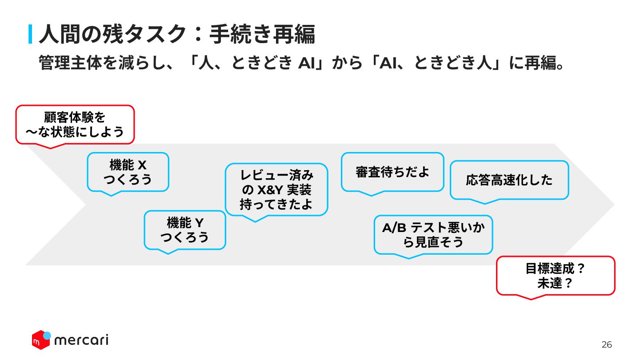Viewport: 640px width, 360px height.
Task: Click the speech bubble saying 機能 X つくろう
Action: [x=128, y=172]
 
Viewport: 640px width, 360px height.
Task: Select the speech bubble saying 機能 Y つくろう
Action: [x=185, y=230]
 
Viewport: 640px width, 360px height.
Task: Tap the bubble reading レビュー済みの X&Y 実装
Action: [x=276, y=189]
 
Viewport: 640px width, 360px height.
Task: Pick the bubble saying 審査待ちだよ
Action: [x=392, y=172]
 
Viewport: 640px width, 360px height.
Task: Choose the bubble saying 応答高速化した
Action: [x=509, y=180]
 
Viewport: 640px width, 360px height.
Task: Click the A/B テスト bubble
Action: [x=433, y=235]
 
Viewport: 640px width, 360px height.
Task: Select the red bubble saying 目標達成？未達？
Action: [x=556, y=276]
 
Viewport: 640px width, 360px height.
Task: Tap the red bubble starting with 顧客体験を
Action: [x=75, y=124]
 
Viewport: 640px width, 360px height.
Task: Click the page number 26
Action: [x=607, y=344]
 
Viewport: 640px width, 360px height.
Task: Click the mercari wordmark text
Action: [x=81, y=340]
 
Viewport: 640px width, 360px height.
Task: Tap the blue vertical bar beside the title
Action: [x=30, y=34]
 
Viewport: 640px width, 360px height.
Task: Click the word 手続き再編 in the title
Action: [x=262, y=34]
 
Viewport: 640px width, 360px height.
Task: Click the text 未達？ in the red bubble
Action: [x=555, y=283]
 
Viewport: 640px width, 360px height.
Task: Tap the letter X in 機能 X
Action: [x=142, y=165]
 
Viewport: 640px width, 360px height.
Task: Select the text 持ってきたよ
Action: [x=276, y=204]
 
